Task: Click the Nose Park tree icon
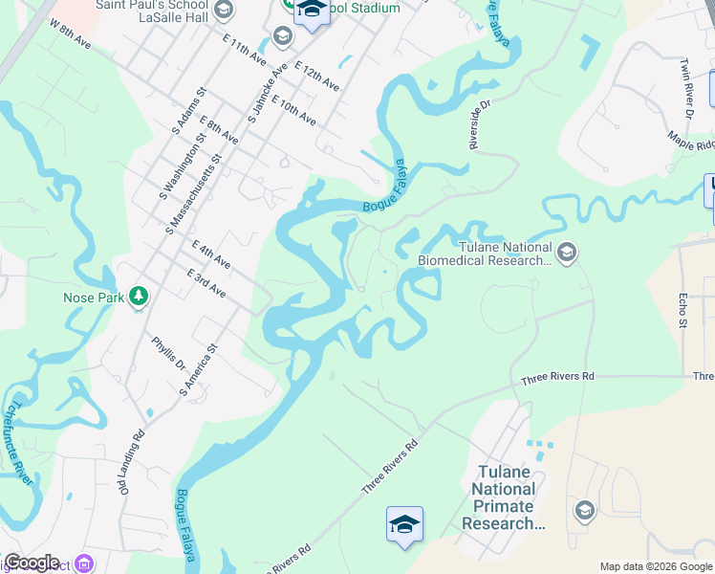140,297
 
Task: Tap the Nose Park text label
94,298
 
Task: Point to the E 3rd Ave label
207,284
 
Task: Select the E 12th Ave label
317,77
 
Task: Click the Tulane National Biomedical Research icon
566,252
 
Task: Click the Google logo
32,563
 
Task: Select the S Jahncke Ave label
267,96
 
